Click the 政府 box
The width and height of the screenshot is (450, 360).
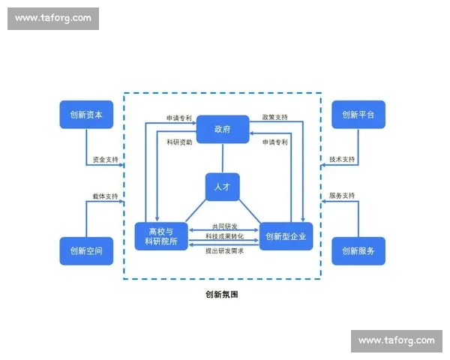tap(223, 129)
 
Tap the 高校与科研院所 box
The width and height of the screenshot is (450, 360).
tap(161, 236)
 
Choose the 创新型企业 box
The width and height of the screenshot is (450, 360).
tap(285, 236)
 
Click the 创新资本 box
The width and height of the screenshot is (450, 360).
tap(86, 115)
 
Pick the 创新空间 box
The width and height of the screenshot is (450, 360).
tap(86, 251)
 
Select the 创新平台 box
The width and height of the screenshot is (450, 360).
tap(358, 115)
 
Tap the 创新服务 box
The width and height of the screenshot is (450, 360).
tap(358, 251)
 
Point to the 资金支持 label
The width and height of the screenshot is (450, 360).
tap(105, 160)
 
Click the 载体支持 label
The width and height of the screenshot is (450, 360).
tap(105, 196)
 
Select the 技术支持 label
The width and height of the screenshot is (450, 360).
tap(342, 160)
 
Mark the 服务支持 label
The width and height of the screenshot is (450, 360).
tap(342, 196)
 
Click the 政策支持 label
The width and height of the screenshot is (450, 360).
tap(275, 118)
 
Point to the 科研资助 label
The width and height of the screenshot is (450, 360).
tap(179, 142)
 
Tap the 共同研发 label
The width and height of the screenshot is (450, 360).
tap(224, 226)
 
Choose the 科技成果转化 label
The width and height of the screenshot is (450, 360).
tap(224, 237)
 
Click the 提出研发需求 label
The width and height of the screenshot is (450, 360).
tap(224, 250)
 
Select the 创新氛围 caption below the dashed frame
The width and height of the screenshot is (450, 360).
tap(222, 295)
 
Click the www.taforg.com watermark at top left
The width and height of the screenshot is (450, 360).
tap(53, 18)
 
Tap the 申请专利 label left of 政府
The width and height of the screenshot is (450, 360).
tap(179, 118)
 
